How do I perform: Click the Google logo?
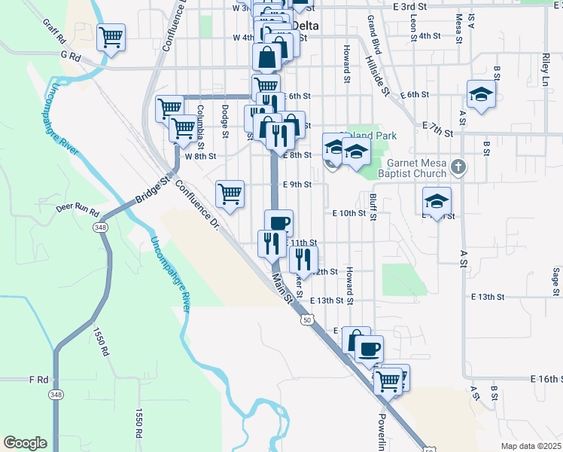point(25,443)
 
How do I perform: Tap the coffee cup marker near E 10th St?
point(278,222)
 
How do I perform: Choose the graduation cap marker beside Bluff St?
point(437,200)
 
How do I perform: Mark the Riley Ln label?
point(544,69)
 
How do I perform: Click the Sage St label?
point(555,280)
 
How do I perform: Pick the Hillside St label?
point(376,76)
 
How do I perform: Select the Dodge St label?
point(224,121)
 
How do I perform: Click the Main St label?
point(281,289)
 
